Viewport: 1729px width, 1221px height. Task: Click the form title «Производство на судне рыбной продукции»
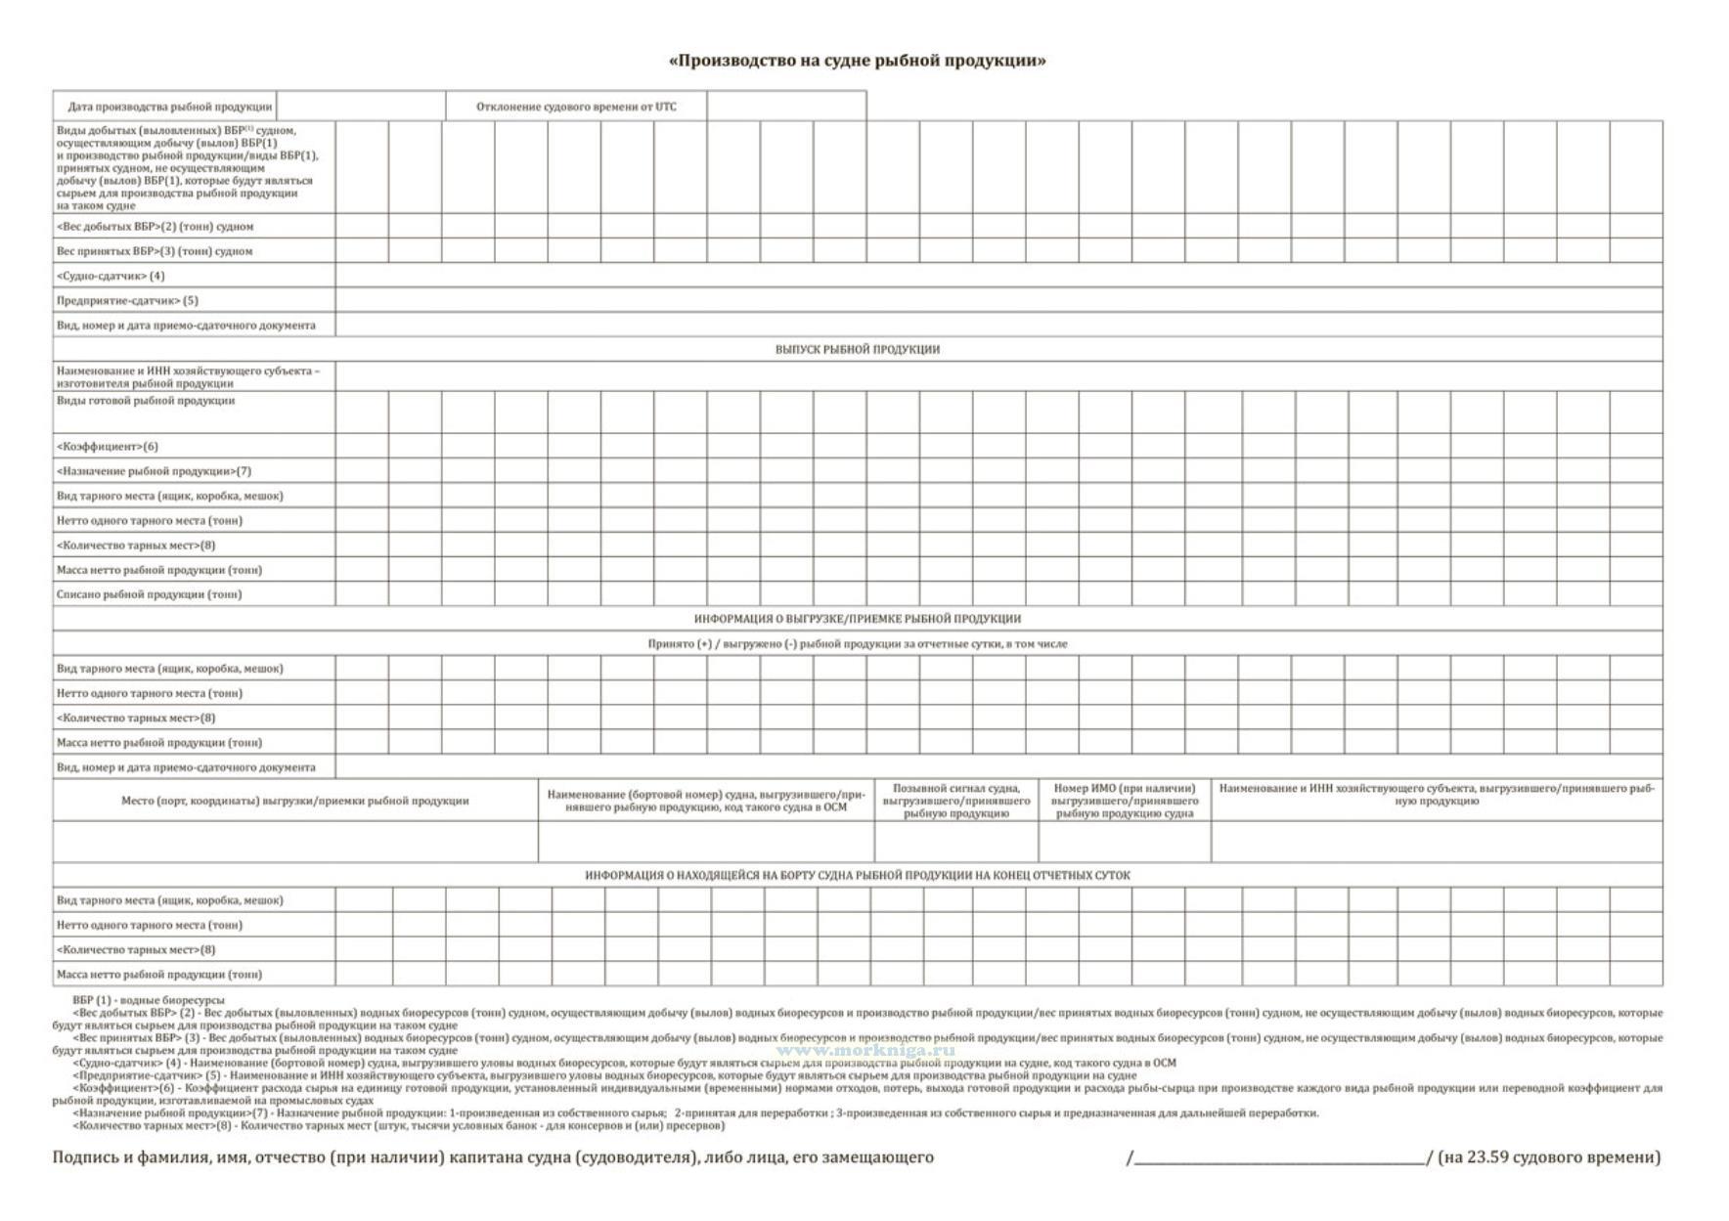[857, 61]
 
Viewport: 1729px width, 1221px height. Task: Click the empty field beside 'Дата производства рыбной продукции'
[361, 107]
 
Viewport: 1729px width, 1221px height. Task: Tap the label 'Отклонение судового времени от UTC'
[576, 107]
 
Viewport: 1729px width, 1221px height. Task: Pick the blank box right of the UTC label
[786, 107]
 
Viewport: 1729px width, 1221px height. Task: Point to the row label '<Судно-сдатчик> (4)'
[111, 276]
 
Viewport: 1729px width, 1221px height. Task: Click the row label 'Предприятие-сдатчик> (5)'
[127, 300]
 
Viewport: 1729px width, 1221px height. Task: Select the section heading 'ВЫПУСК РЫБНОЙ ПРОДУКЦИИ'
[857, 349]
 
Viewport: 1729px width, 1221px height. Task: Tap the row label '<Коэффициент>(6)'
[108, 446]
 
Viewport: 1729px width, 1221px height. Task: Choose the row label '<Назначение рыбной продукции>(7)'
[154, 470]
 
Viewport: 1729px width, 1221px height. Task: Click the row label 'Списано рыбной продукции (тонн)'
[149, 593]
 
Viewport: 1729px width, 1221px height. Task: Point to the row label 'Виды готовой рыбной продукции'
[146, 400]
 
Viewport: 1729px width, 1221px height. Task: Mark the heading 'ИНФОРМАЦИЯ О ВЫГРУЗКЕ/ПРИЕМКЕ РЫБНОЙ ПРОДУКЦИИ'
[857, 619]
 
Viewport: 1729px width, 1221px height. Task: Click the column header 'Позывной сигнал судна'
[955, 801]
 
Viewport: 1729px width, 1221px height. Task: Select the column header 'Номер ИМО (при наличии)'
[1124, 801]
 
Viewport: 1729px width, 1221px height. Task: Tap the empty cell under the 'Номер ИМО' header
[1124, 842]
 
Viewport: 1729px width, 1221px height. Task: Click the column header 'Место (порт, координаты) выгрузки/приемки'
[294, 801]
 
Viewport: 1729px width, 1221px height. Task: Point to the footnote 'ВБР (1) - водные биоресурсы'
[148, 1000]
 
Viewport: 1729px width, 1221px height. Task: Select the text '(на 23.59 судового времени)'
[1549, 1157]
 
